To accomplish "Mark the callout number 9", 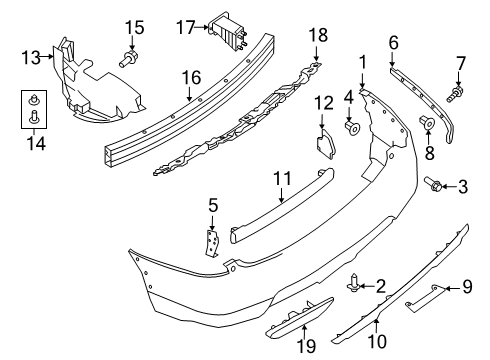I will pyautogui.click(x=467, y=289).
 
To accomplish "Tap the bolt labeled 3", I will pyautogui.click(x=437, y=185).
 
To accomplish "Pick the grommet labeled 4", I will pyautogui.click(x=351, y=127).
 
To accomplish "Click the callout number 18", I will pyautogui.click(x=317, y=37).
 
